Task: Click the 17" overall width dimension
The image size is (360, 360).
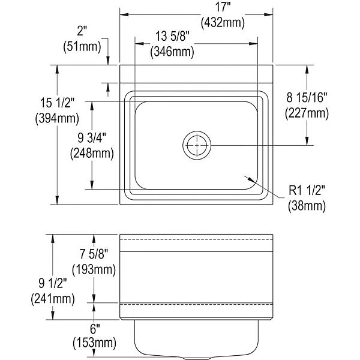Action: point(223,8)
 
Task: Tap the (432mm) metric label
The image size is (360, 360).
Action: point(223,23)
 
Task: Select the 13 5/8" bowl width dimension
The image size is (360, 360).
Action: point(172,36)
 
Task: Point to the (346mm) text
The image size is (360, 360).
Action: point(172,52)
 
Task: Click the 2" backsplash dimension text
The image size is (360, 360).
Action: point(82,31)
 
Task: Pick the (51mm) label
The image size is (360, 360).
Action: point(82,47)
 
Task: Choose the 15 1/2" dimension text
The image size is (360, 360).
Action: point(58,103)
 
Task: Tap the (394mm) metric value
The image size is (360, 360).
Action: point(57,119)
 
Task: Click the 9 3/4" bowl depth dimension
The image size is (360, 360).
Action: point(92,138)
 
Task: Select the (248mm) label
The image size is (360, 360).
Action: point(92,154)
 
